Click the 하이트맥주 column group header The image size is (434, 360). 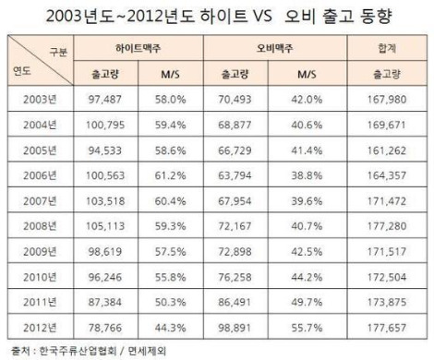(x=139, y=48)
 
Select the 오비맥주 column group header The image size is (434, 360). (x=275, y=48)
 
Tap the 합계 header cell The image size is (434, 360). (x=387, y=48)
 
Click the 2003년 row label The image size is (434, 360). (x=40, y=100)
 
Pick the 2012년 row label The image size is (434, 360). (x=40, y=328)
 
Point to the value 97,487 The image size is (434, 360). (x=105, y=100)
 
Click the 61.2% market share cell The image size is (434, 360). (x=170, y=175)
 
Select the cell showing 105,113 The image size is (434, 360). (x=105, y=226)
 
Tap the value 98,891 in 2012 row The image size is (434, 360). (x=235, y=328)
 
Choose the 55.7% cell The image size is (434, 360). (x=307, y=328)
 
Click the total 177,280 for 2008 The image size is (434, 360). (x=387, y=226)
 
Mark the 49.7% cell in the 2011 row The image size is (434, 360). (x=307, y=302)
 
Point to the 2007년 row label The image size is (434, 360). (x=40, y=201)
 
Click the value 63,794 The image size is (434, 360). (x=235, y=175)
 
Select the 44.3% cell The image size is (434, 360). (x=170, y=328)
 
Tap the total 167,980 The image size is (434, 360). (x=387, y=100)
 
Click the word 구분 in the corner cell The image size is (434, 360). (x=58, y=52)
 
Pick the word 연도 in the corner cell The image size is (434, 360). (x=22, y=71)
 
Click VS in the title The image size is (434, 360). (x=262, y=16)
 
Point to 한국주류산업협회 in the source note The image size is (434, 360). (x=78, y=351)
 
